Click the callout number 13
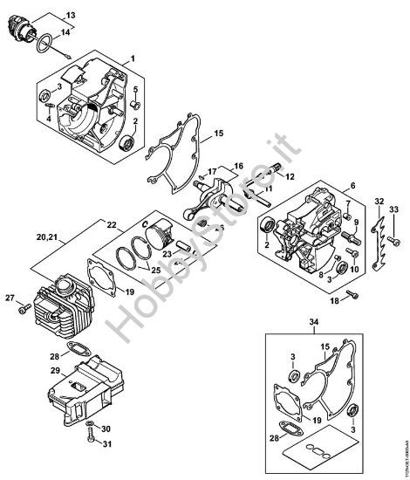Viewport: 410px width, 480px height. (71, 16)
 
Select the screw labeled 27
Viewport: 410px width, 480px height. (24, 306)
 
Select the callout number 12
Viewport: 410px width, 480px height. (290, 176)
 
